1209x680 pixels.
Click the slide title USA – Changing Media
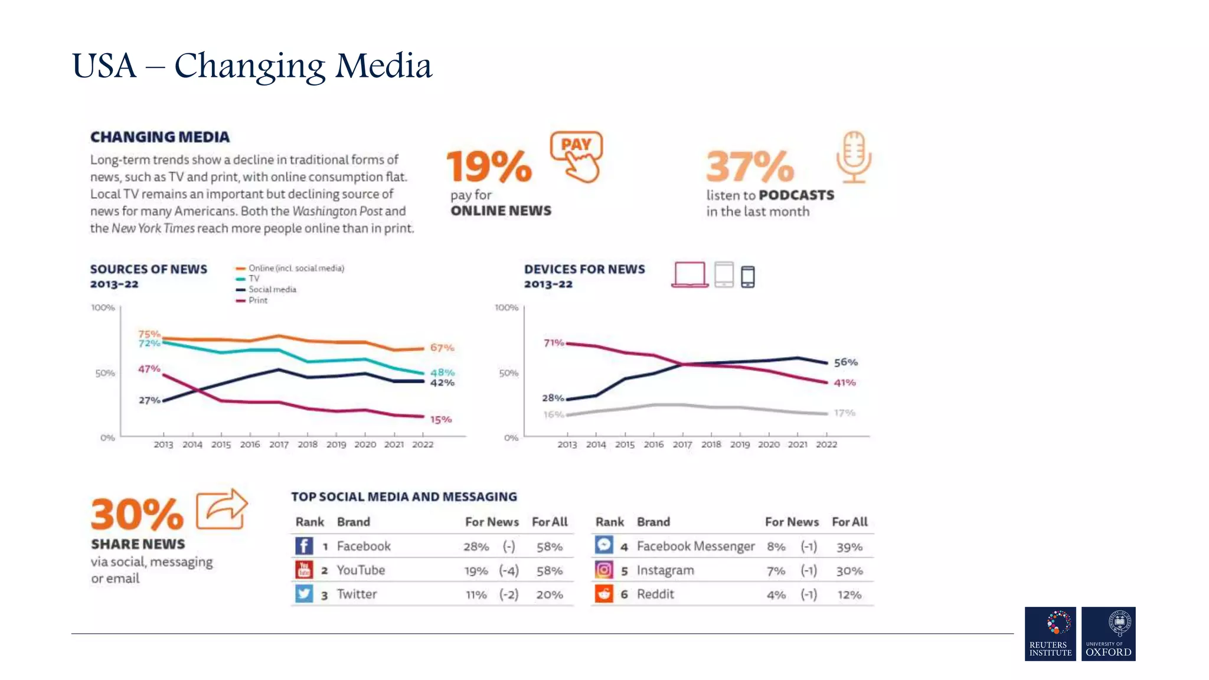[252, 66]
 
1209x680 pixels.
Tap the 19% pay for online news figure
[489, 166]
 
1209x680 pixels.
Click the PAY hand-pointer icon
[577, 156]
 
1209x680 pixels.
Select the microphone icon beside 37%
[854, 156]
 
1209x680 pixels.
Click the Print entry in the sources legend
[257, 300]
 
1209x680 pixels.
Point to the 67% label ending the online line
[442, 348]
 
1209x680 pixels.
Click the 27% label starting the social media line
[149, 400]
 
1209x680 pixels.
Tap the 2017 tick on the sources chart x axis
[279, 444]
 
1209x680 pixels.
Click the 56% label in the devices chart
[845, 362]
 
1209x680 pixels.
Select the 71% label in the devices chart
[553, 343]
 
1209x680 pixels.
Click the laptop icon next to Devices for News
[690, 274]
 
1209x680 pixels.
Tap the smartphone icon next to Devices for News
[747, 276]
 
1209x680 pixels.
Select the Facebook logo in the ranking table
[304, 546]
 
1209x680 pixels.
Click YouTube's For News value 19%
[476, 571]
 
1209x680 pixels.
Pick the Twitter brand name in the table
[357, 594]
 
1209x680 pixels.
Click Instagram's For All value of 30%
[849, 571]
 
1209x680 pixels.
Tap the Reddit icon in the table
[603, 594]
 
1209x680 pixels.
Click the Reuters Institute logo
[1050, 633]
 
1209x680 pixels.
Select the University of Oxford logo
[1108, 633]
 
